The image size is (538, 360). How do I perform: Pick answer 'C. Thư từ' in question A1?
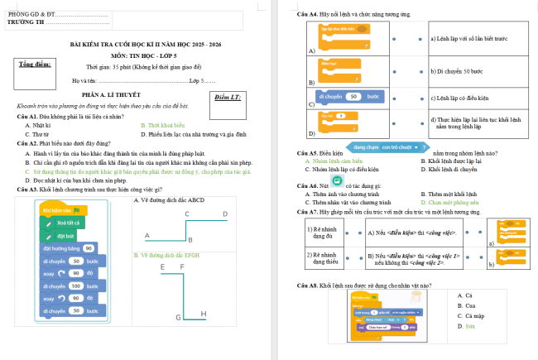click(x=39, y=132)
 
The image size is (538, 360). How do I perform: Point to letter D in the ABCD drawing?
click(x=225, y=214)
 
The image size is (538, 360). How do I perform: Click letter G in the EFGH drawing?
click(x=178, y=318)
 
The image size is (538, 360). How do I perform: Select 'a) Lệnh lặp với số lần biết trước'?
click(x=468, y=38)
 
